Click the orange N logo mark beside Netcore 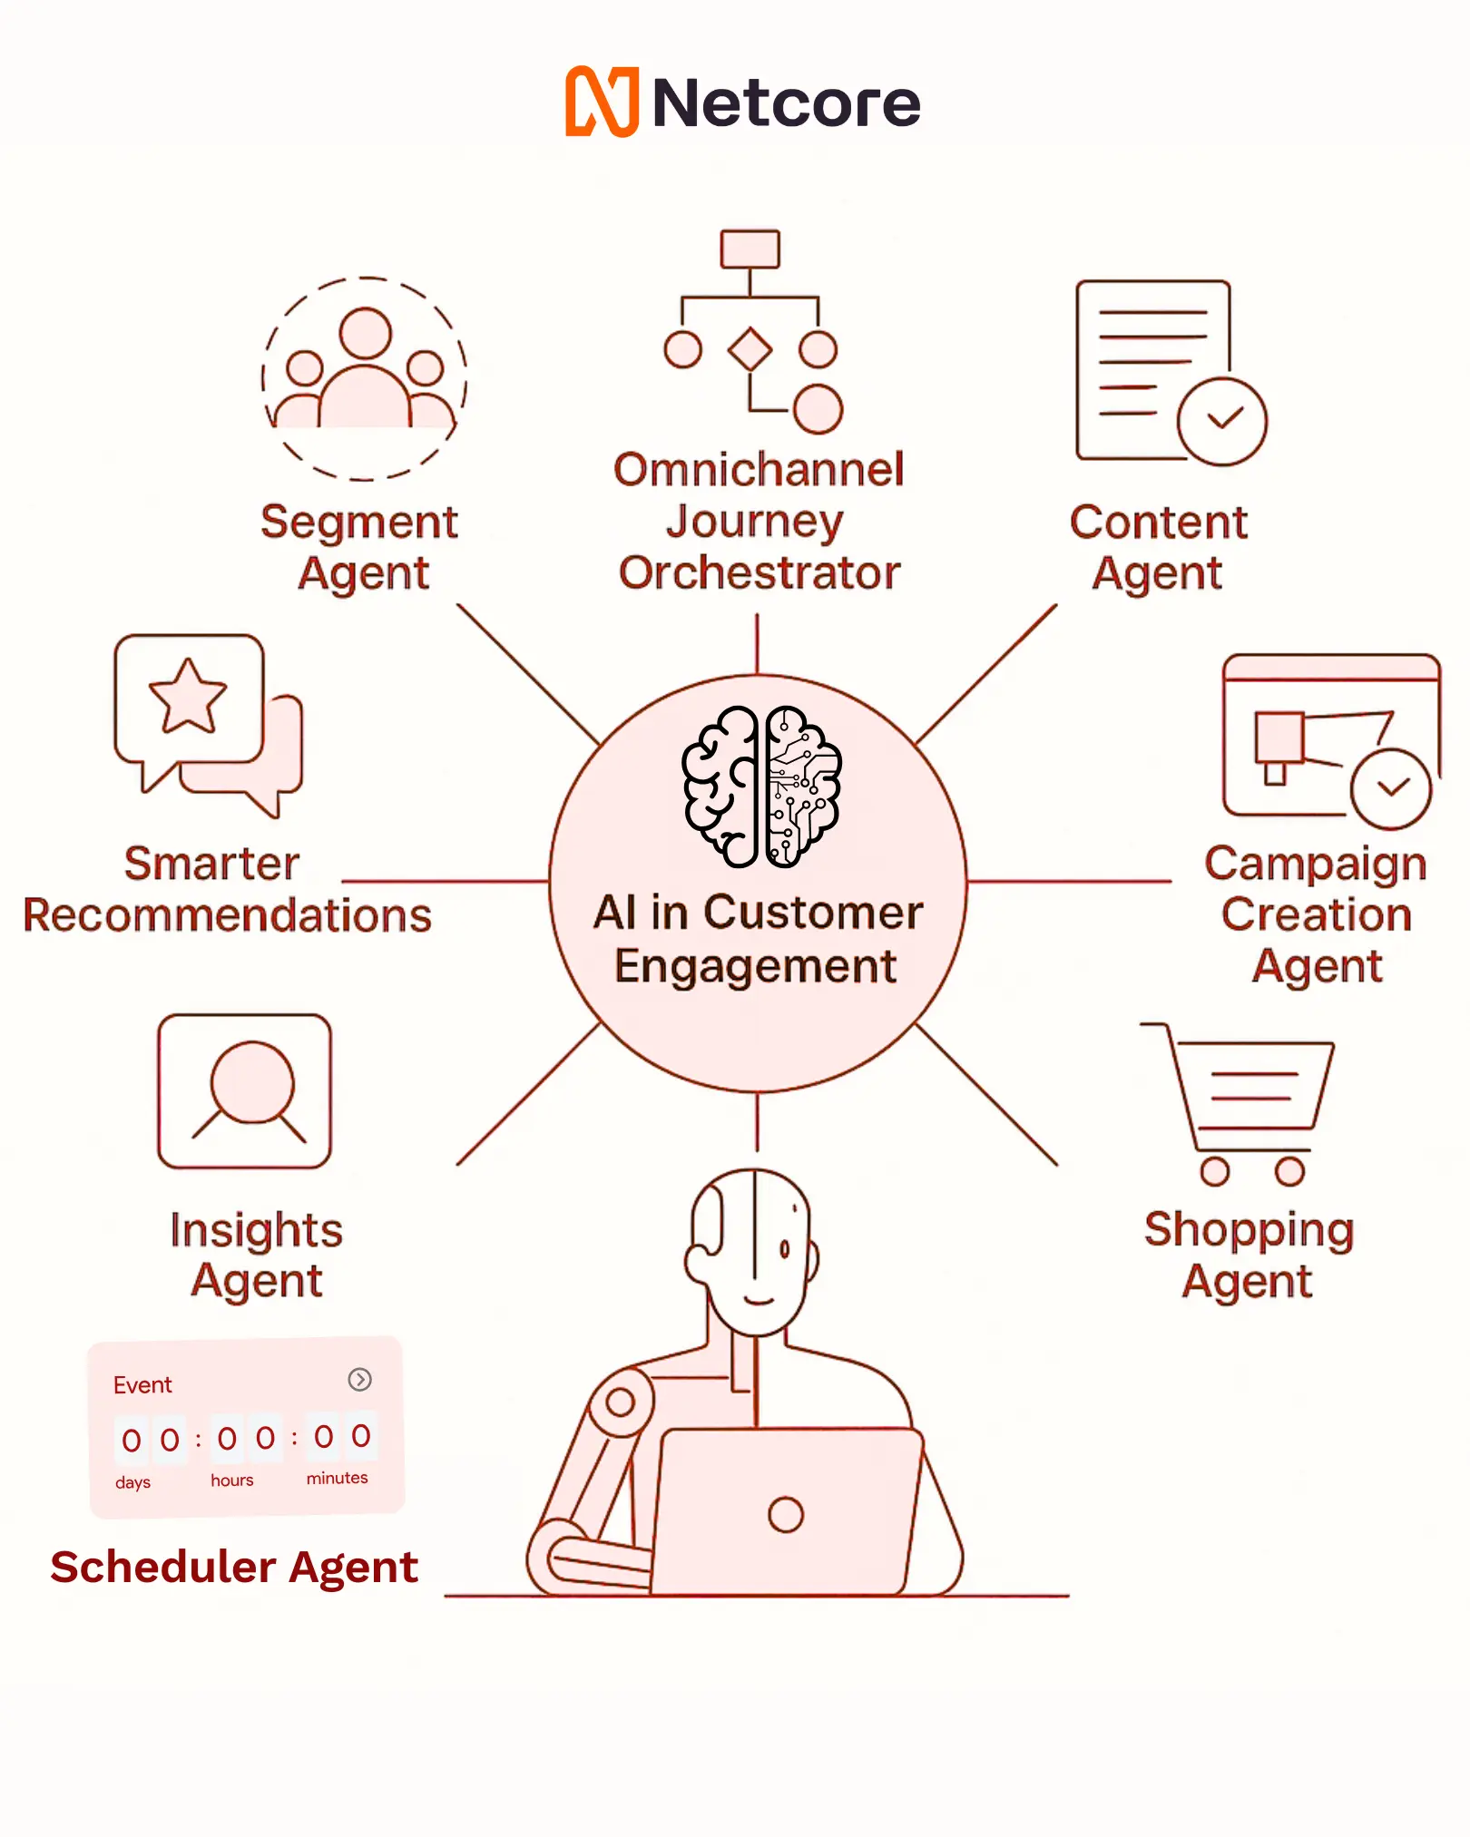601,102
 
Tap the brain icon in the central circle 761,787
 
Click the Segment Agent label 360,547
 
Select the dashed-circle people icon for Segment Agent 365,378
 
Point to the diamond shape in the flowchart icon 750,349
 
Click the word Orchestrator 759,573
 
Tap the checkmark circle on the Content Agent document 1221,421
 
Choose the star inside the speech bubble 188,697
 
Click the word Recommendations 227,914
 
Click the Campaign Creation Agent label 1316,914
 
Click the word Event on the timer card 142,1384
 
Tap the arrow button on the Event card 359,1379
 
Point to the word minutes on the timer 337,1478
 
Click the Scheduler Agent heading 234,1567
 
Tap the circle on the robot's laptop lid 785,1514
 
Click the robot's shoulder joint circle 620,1402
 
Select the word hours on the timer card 231,1480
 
